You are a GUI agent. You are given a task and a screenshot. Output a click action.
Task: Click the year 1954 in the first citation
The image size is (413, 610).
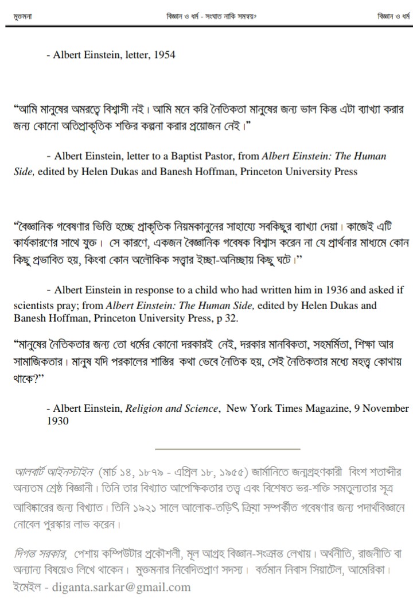164,55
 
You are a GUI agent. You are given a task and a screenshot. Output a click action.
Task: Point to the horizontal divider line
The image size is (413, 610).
228,448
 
